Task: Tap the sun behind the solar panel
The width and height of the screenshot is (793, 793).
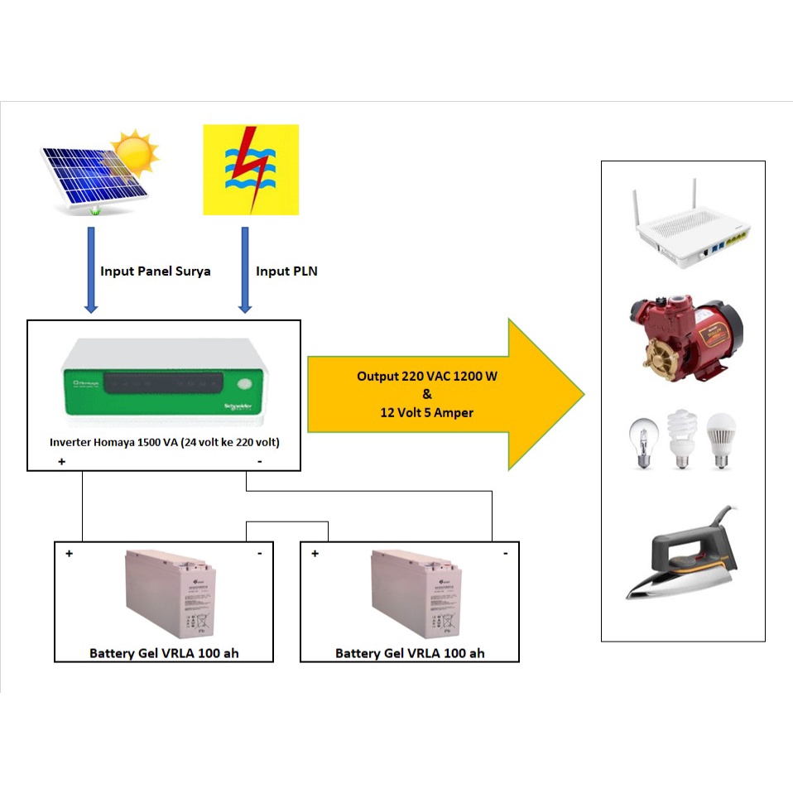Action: click(137, 151)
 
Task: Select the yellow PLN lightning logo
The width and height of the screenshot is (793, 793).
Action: click(251, 170)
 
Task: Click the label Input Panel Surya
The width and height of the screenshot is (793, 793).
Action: click(156, 272)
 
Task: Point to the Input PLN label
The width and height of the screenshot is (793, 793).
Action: click(286, 272)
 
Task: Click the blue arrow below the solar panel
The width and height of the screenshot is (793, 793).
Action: click(91, 270)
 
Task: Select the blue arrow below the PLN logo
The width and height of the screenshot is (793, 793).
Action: click(245, 270)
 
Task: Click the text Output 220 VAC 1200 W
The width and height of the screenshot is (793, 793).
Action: click(427, 376)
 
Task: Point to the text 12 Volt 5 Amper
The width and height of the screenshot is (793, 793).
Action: click(427, 412)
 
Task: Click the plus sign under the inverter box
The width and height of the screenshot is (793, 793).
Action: click(62, 463)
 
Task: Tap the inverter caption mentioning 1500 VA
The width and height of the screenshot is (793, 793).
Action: click(165, 443)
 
